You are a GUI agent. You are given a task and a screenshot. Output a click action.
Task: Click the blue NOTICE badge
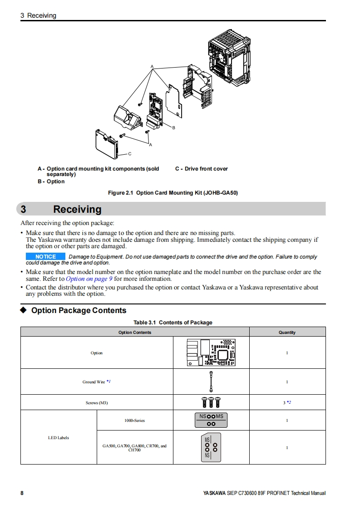click(45, 257)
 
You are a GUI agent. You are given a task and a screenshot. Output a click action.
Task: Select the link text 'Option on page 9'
click(89, 279)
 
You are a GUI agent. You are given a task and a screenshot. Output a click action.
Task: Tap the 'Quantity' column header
click(287, 333)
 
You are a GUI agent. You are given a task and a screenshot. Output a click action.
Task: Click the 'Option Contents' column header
click(135, 333)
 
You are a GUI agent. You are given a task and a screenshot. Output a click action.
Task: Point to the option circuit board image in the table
click(211, 352)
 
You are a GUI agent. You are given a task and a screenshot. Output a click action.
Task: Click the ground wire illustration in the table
click(211, 382)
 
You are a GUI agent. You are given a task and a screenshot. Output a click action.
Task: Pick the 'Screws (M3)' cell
click(97, 403)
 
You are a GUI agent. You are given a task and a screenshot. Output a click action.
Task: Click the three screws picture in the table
click(211, 402)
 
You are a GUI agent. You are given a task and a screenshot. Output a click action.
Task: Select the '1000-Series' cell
click(134, 421)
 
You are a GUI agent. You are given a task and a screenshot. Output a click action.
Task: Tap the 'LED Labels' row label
click(59, 438)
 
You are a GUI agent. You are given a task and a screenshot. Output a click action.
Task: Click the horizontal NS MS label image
click(211, 420)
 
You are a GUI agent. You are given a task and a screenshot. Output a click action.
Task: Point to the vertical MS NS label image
click(211, 447)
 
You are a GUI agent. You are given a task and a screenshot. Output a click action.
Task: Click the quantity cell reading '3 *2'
click(287, 402)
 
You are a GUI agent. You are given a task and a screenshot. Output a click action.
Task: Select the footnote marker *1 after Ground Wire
click(108, 382)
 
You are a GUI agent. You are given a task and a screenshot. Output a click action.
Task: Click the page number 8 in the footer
click(22, 493)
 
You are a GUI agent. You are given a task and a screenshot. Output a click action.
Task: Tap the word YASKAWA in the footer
click(214, 494)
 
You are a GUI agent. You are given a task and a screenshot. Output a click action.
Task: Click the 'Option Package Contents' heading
click(79, 311)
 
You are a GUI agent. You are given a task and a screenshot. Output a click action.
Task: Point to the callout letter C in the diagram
click(129, 154)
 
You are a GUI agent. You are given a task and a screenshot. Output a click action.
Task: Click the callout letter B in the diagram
click(173, 128)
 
